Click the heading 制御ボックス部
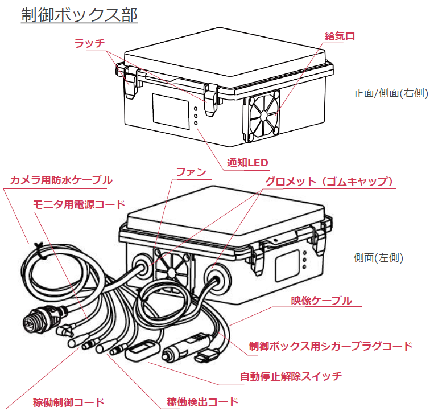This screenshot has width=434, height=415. coord(79,15)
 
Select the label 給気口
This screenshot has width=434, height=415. coord(340,36)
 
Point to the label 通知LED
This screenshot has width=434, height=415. coord(247,163)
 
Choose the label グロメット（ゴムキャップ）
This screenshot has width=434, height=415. coord(330,182)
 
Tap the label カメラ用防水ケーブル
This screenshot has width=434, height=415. coord(61,180)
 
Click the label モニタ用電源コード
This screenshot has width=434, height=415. coord(78,204)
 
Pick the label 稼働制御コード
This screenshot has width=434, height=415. coord(69,402)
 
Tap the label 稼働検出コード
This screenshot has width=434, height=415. coord(202,402)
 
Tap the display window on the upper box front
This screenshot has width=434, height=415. coord(171,110)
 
